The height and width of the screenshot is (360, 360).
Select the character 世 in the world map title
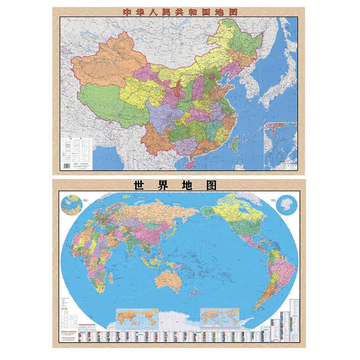click(x=139, y=185)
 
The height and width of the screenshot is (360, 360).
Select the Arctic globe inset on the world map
click(x=71, y=205)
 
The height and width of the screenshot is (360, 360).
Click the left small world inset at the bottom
click(x=136, y=317)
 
